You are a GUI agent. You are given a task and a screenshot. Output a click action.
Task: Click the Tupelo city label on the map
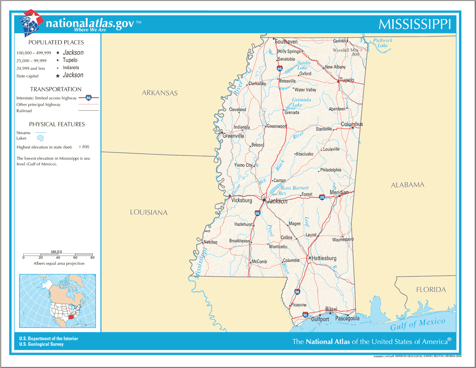pyautogui.click(x=347, y=80)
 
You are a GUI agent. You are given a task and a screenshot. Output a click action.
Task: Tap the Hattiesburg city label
pyautogui.click(x=324, y=258)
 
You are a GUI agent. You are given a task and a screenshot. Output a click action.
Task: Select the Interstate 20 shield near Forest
pyautogui.click(x=322, y=197)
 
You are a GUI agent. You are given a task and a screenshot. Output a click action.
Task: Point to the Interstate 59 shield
pyautogui.click(x=297, y=292)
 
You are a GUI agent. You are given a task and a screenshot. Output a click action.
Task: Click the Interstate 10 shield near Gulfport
pyautogui.click(x=305, y=315)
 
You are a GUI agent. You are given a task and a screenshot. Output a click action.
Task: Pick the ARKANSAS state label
pyautogui.click(x=160, y=93)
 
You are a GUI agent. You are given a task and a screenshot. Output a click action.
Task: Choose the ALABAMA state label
pyautogui.click(x=407, y=185)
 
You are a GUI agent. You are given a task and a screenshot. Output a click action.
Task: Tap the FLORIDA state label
pyautogui.click(x=431, y=290)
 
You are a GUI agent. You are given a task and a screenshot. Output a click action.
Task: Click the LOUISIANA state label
pyautogui.click(x=149, y=213)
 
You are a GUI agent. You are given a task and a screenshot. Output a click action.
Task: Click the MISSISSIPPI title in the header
pyautogui.click(x=415, y=25)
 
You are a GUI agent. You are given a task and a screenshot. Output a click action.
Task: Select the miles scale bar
pyautogui.click(x=58, y=254)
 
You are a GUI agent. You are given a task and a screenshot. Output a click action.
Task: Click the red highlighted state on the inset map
pyautogui.click(x=71, y=317)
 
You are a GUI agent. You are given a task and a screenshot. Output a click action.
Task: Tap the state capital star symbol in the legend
pyautogui.click(x=58, y=76)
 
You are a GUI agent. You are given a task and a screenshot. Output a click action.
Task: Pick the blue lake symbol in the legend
pyautogui.click(x=40, y=138)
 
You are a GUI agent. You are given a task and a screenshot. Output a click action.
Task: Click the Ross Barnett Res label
pyautogui.click(x=294, y=191)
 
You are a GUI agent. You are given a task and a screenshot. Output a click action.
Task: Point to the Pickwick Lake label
pyautogui.click(x=382, y=43)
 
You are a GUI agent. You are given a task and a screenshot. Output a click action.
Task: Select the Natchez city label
pyautogui.click(x=210, y=242)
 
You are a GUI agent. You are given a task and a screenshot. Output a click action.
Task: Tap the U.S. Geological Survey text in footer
pyautogui.click(x=41, y=344)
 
